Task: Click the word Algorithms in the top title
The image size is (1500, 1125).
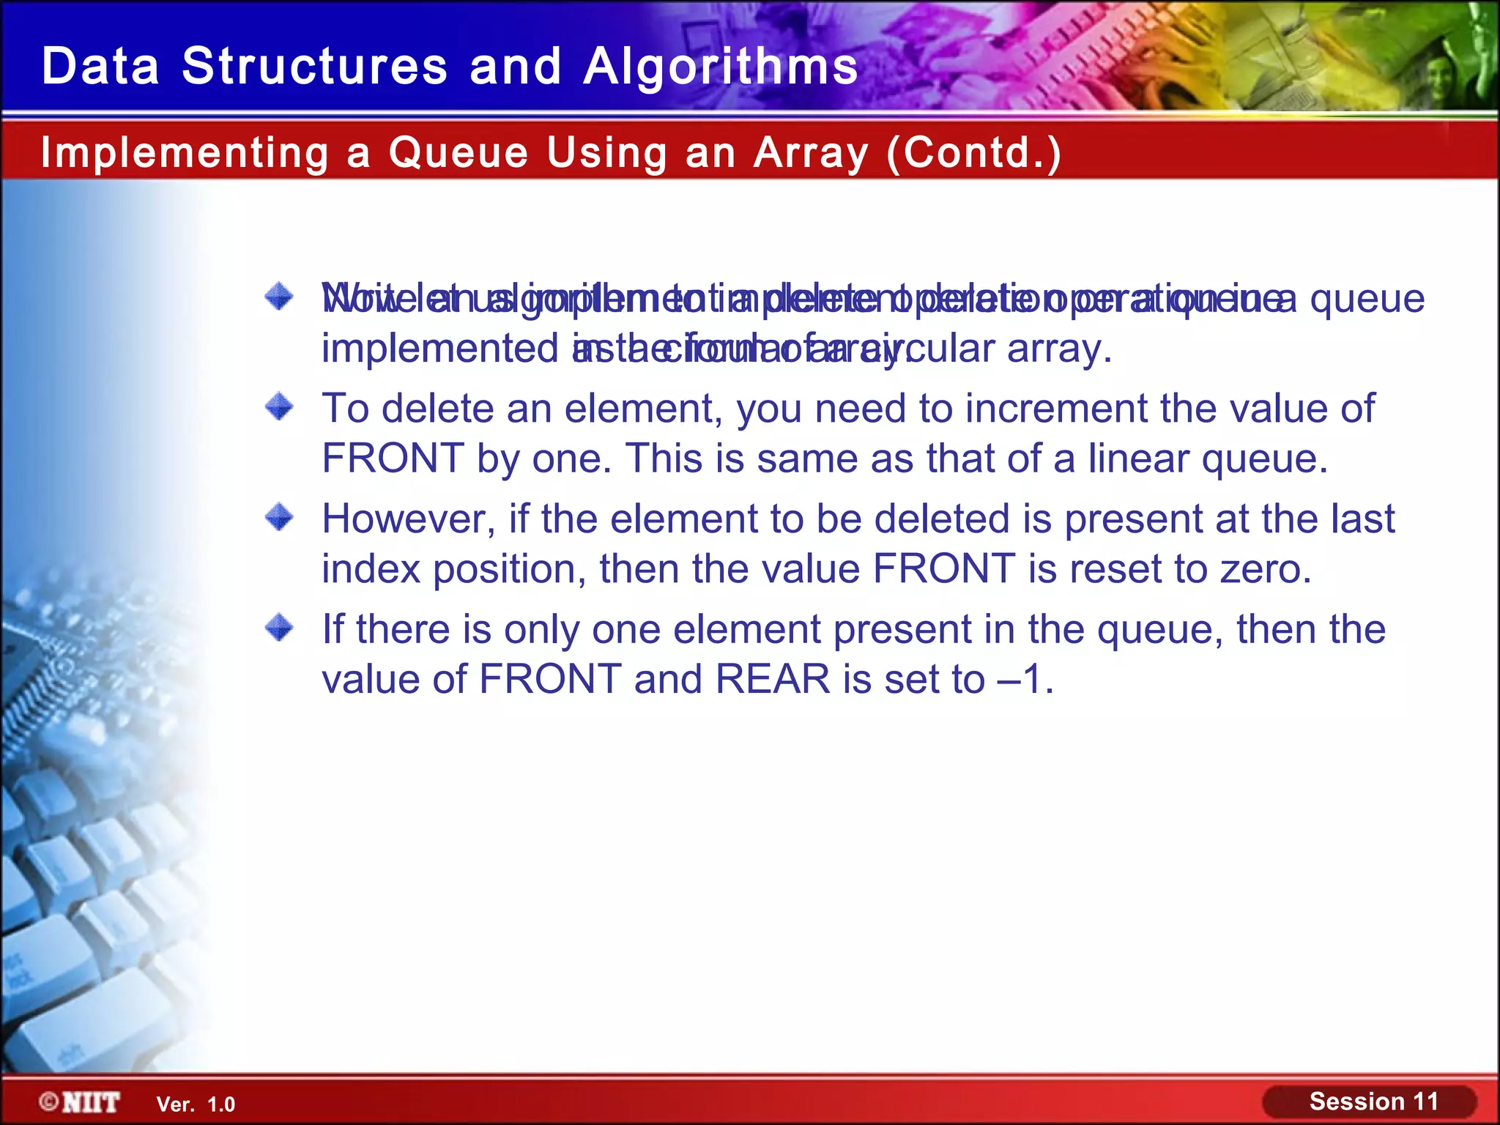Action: pos(721,67)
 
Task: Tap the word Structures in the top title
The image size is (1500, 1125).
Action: pos(314,67)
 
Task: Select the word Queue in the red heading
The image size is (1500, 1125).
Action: pos(458,153)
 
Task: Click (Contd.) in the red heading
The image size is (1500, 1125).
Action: pos(973,153)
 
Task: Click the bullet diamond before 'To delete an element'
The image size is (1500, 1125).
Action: pos(279,406)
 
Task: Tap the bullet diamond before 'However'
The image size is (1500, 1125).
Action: pos(279,518)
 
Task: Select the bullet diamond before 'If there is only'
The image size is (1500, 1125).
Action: pos(279,628)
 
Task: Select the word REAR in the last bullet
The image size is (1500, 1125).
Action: pos(772,679)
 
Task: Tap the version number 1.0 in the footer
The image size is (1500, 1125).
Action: pos(221,1104)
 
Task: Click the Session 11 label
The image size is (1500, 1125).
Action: pos(1373,1102)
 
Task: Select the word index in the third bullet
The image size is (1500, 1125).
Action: pos(371,569)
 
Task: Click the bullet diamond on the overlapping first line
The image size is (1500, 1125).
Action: pos(279,297)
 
